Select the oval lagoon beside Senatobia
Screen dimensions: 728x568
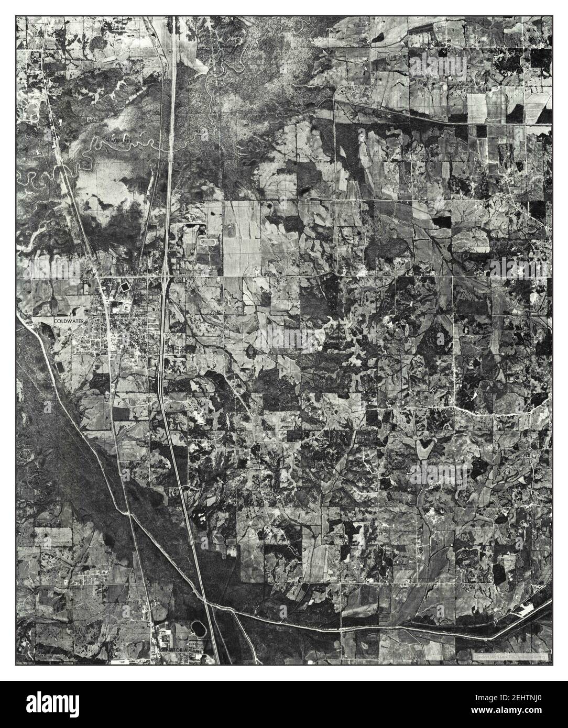click(x=199, y=627)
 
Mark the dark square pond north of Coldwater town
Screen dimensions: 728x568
click(x=125, y=288)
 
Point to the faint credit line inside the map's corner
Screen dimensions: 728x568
click(x=508, y=655)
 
